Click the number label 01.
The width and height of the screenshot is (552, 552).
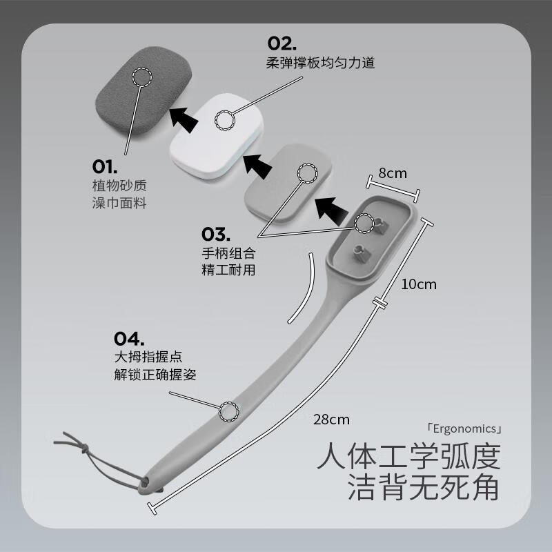[x=106, y=166]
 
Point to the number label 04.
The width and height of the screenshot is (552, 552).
[x=129, y=338]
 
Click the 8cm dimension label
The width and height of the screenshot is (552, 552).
[x=392, y=173]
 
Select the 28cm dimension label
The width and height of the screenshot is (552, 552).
[x=331, y=419]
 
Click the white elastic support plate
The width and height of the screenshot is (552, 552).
[x=218, y=131]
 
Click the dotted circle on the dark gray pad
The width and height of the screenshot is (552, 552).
[x=142, y=77]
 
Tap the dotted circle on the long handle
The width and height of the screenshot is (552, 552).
[x=228, y=411]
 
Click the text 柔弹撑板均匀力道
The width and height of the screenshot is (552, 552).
[x=320, y=63]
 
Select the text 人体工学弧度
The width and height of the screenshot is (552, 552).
[x=408, y=457]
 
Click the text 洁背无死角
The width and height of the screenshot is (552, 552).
[x=424, y=489]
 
